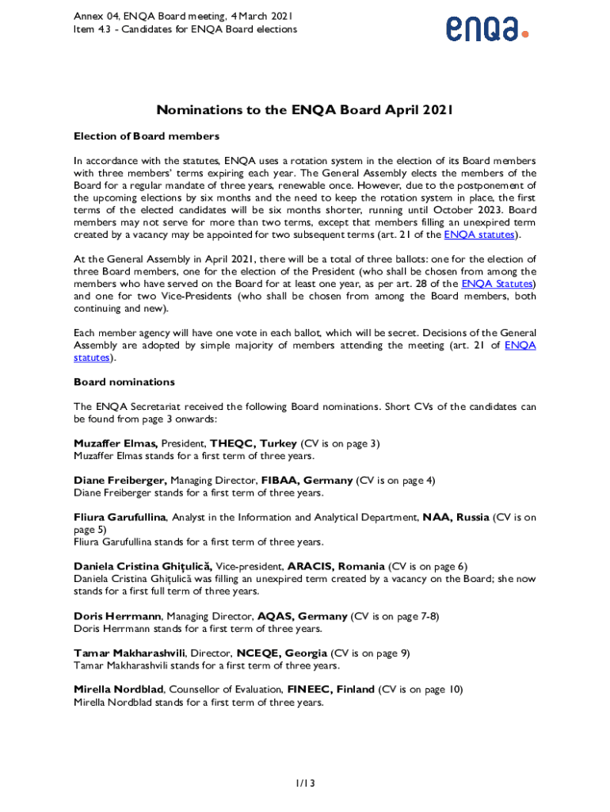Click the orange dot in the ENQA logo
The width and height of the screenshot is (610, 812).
pos(524,34)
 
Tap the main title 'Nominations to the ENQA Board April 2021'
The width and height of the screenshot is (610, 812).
pos(304,110)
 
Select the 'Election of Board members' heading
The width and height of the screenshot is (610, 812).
pos(147,136)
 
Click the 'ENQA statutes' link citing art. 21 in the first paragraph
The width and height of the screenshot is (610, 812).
pos(479,235)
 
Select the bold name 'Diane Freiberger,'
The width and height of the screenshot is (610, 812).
pos(120,481)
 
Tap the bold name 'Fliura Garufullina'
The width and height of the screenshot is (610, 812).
pos(120,517)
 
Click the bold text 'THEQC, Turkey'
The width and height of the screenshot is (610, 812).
pos(254,443)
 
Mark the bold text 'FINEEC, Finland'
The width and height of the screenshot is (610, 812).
pos(331,690)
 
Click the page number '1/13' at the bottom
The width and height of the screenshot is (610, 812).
pos(305,783)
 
